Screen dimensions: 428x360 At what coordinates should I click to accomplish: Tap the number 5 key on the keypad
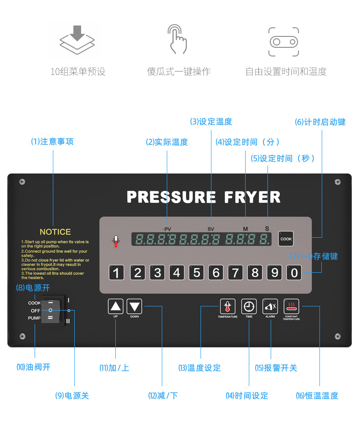point(196,272)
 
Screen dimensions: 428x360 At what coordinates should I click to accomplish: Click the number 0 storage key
point(294,272)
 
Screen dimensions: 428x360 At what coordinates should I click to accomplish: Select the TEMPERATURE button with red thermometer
point(227,306)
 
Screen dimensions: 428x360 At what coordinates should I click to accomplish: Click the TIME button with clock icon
point(249,306)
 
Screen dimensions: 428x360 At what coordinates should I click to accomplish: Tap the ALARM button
point(270,306)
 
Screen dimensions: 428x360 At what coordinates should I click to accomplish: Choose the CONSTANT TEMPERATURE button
point(291,306)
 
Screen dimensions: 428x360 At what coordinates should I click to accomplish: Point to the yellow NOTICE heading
point(55,232)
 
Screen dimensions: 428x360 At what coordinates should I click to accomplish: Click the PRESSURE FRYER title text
point(203,197)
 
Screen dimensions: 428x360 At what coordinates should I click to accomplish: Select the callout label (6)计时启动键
point(320,122)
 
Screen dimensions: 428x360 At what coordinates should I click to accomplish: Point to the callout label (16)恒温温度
point(317,396)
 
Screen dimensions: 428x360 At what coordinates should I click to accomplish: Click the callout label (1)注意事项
point(52,142)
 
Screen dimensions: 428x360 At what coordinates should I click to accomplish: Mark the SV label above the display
point(211,228)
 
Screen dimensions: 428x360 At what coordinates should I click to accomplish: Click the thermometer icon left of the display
point(116,241)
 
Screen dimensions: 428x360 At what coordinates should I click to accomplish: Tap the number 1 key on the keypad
point(117,272)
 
